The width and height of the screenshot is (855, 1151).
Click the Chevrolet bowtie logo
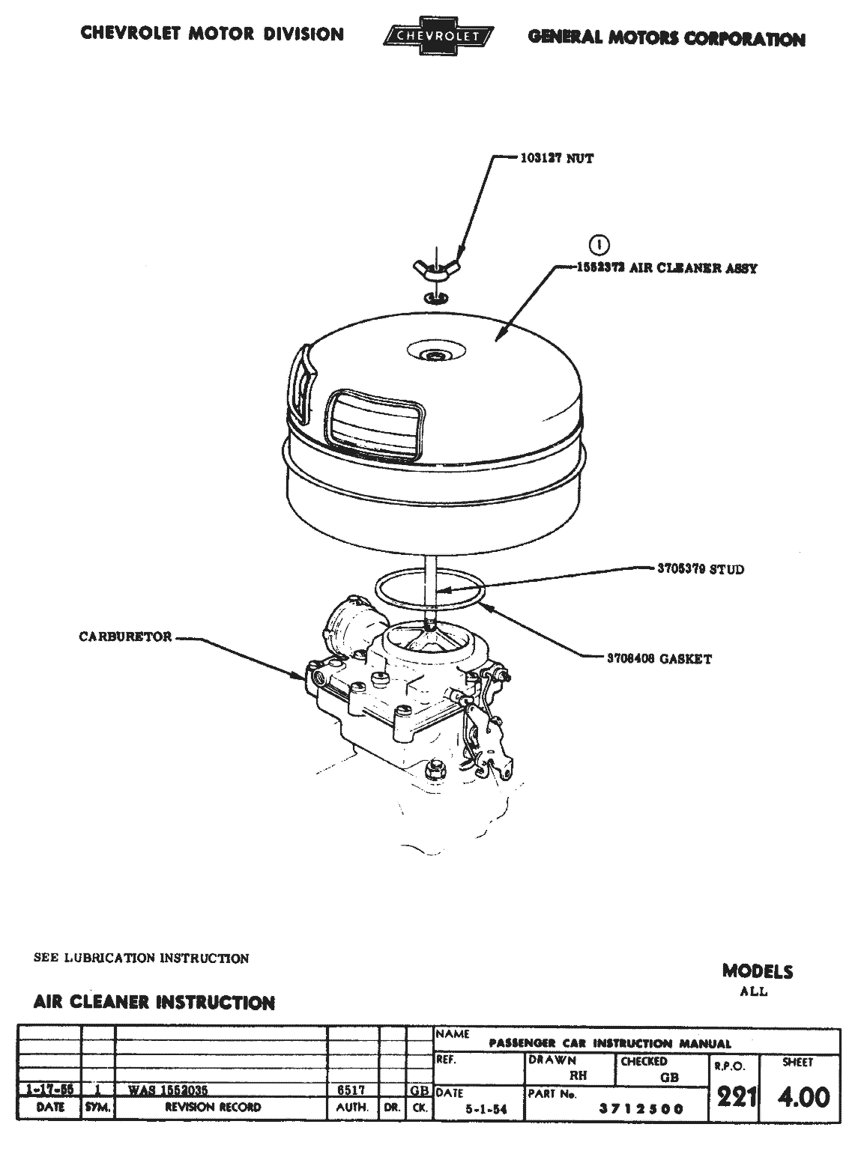(x=438, y=36)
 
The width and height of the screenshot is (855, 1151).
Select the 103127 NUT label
(x=557, y=159)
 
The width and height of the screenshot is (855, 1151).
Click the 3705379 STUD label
(x=696, y=569)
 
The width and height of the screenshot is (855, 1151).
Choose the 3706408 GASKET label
(x=659, y=659)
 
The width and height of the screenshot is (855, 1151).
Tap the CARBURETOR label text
(x=125, y=637)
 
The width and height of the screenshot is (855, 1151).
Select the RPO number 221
(x=734, y=1097)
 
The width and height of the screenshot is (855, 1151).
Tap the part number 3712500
(x=641, y=1110)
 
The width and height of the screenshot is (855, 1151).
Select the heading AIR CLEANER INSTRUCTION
(x=154, y=1002)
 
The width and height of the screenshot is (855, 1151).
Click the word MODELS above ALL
(x=757, y=971)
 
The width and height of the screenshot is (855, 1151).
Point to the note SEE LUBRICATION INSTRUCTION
(x=142, y=958)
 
